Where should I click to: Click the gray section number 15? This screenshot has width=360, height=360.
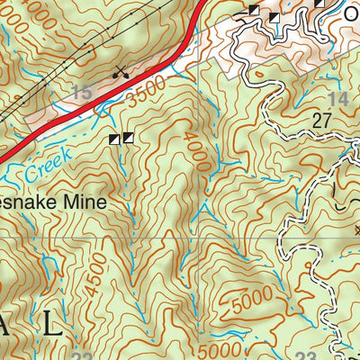[82, 92]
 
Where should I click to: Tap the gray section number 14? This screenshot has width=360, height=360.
[338, 99]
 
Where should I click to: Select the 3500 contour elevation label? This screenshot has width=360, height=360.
[148, 94]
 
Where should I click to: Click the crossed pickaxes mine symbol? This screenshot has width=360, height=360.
[119, 71]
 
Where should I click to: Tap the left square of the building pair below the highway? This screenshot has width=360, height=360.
[114, 139]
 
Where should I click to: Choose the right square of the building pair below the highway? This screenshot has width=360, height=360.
[128, 138]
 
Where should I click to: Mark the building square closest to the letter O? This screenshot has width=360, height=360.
[319, 4]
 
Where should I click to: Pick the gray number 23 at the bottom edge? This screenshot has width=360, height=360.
[306, 355]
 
